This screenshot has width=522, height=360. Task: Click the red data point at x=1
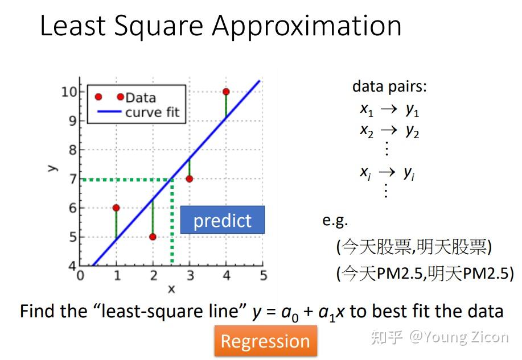tap(116, 208)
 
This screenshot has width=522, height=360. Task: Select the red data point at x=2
tap(153, 237)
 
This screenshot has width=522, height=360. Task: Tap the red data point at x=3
tap(190, 179)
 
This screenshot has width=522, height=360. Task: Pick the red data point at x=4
tap(226, 92)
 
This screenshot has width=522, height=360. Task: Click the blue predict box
tap(222, 220)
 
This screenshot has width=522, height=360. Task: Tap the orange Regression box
tap(265, 341)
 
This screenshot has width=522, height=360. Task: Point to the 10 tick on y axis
tap(69, 92)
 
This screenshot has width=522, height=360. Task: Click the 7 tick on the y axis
tap(72, 179)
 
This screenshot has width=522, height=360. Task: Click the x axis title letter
tap(171, 289)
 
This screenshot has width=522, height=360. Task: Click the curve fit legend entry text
tap(152, 112)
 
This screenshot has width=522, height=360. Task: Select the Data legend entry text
tap(141, 97)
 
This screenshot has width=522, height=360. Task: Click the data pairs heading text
tap(389, 86)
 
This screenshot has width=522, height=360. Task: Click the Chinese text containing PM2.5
tap(425, 274)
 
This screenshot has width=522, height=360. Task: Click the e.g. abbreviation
tap(335, 221)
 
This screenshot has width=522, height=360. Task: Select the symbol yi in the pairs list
tap(409, 173)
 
